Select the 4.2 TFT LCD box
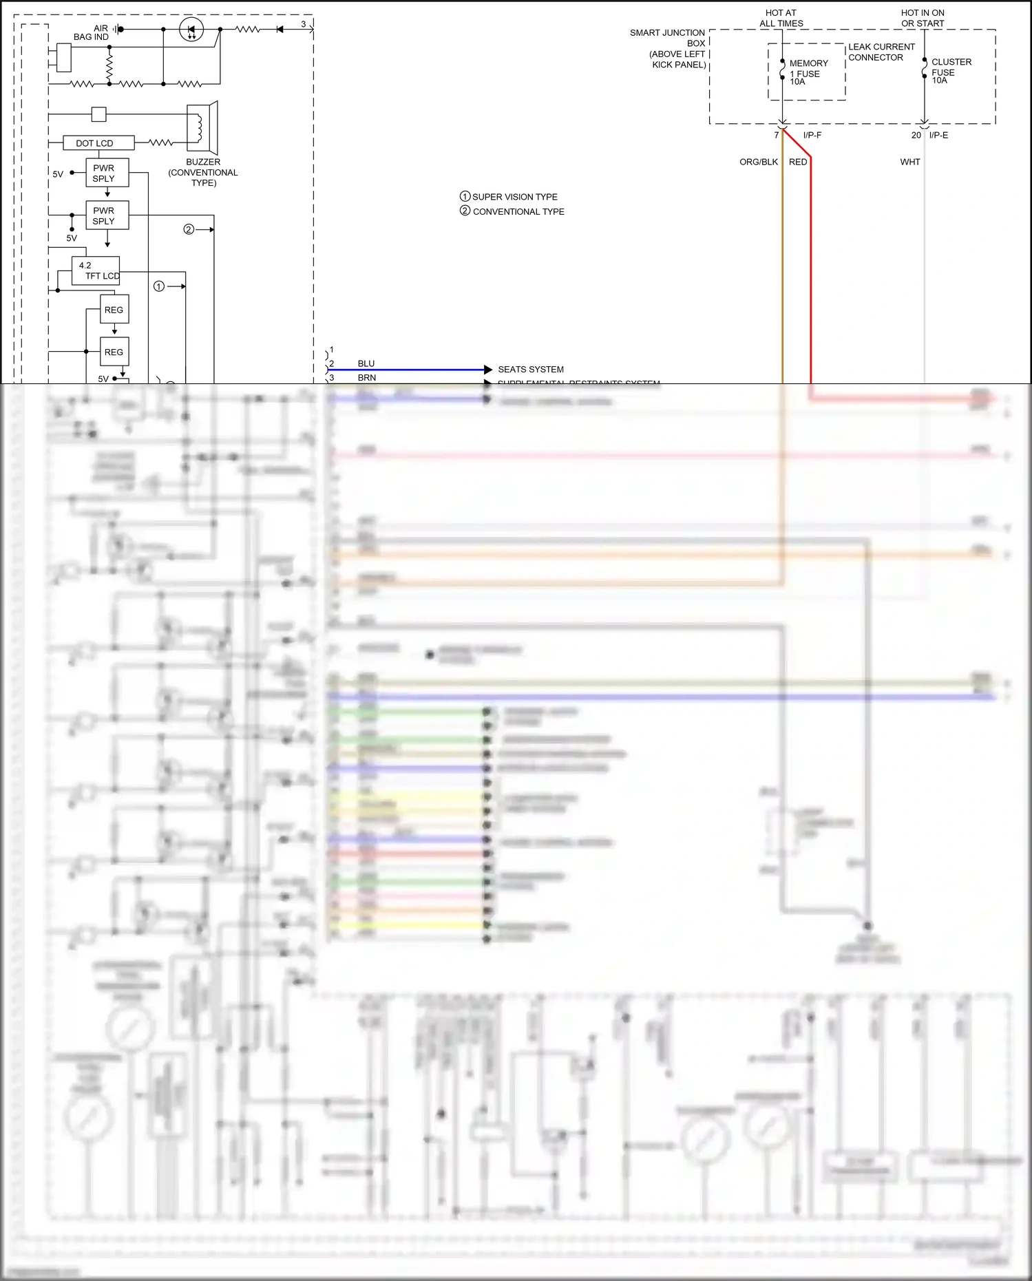pyautogui.click(x=96, y=271)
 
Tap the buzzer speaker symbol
pyautogui.click(x=202, y=127)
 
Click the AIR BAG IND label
pyautogui.click(x=92, y=32)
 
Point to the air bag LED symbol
pyautogui.click(x=191, y=30)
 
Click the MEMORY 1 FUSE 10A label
pyautogui.click(x=808, y=72)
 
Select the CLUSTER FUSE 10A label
pyautogui.click(x=951, y=71)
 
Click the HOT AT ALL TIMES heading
pyautogui.click(x=781, y=18)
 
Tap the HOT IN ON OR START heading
pyautogui.click(x=923, y=18)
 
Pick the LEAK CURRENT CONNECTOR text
pyautogui.click(x=881, y=52)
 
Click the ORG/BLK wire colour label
pyautogui.click(x=758, y=162)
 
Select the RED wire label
pyautogui.click(x=798, y=162)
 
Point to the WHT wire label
pyautogui.click(x=909, y=162)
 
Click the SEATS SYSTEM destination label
pyautogui.click(x=530, y=370)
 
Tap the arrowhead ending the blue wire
pyautogui.click(x=488, y=370)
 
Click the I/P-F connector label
pyautogui.click(x=812, y=135)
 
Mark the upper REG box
pyautogui.click(x=114, y=310)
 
